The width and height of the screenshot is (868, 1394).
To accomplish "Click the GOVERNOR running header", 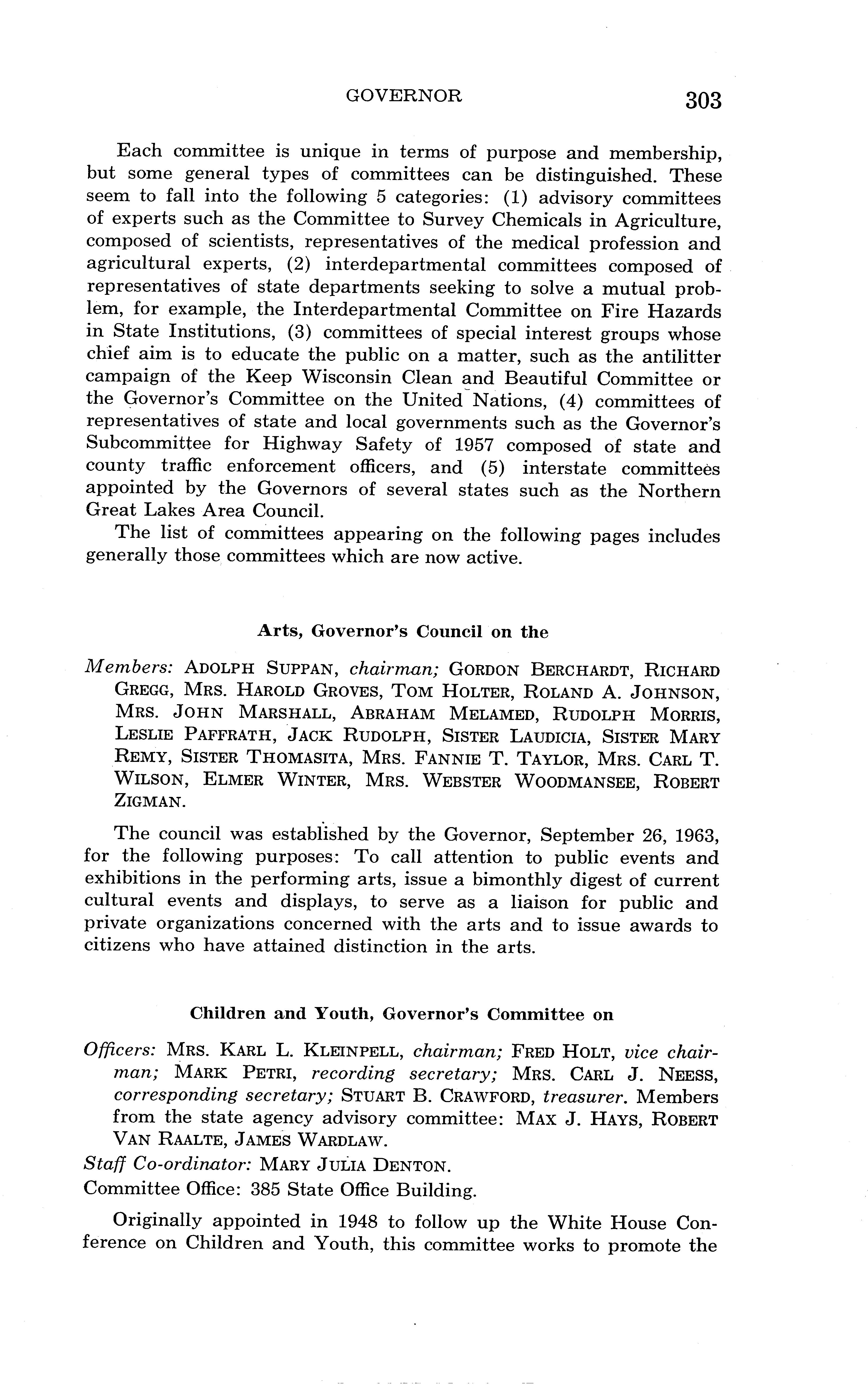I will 404,96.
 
